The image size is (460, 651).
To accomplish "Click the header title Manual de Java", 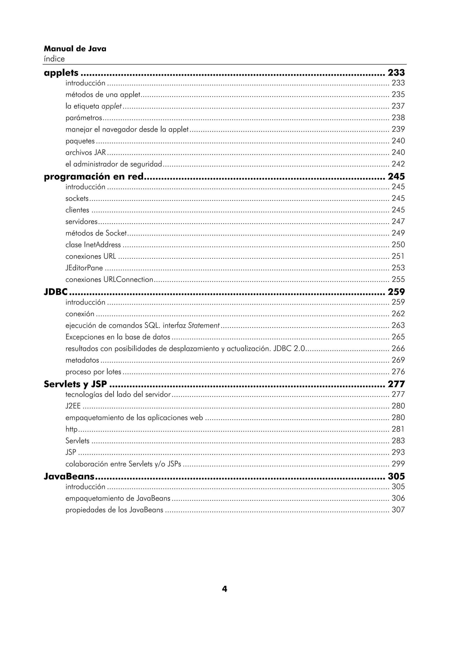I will coord(75,49).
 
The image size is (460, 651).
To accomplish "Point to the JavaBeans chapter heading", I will coord(69,476).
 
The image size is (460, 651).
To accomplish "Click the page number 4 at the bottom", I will coord(224,589).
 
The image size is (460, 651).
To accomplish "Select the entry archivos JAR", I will coord(86,153).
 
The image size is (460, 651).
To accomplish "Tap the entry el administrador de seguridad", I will coord(114,164).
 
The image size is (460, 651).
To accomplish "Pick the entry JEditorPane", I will coord(84,268).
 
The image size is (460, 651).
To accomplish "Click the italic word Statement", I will coord(204,325).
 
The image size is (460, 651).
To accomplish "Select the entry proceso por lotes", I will coord(93,372).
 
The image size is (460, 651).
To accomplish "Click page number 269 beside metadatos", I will coord(398,360).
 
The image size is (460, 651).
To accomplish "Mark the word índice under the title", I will coord(54,59).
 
